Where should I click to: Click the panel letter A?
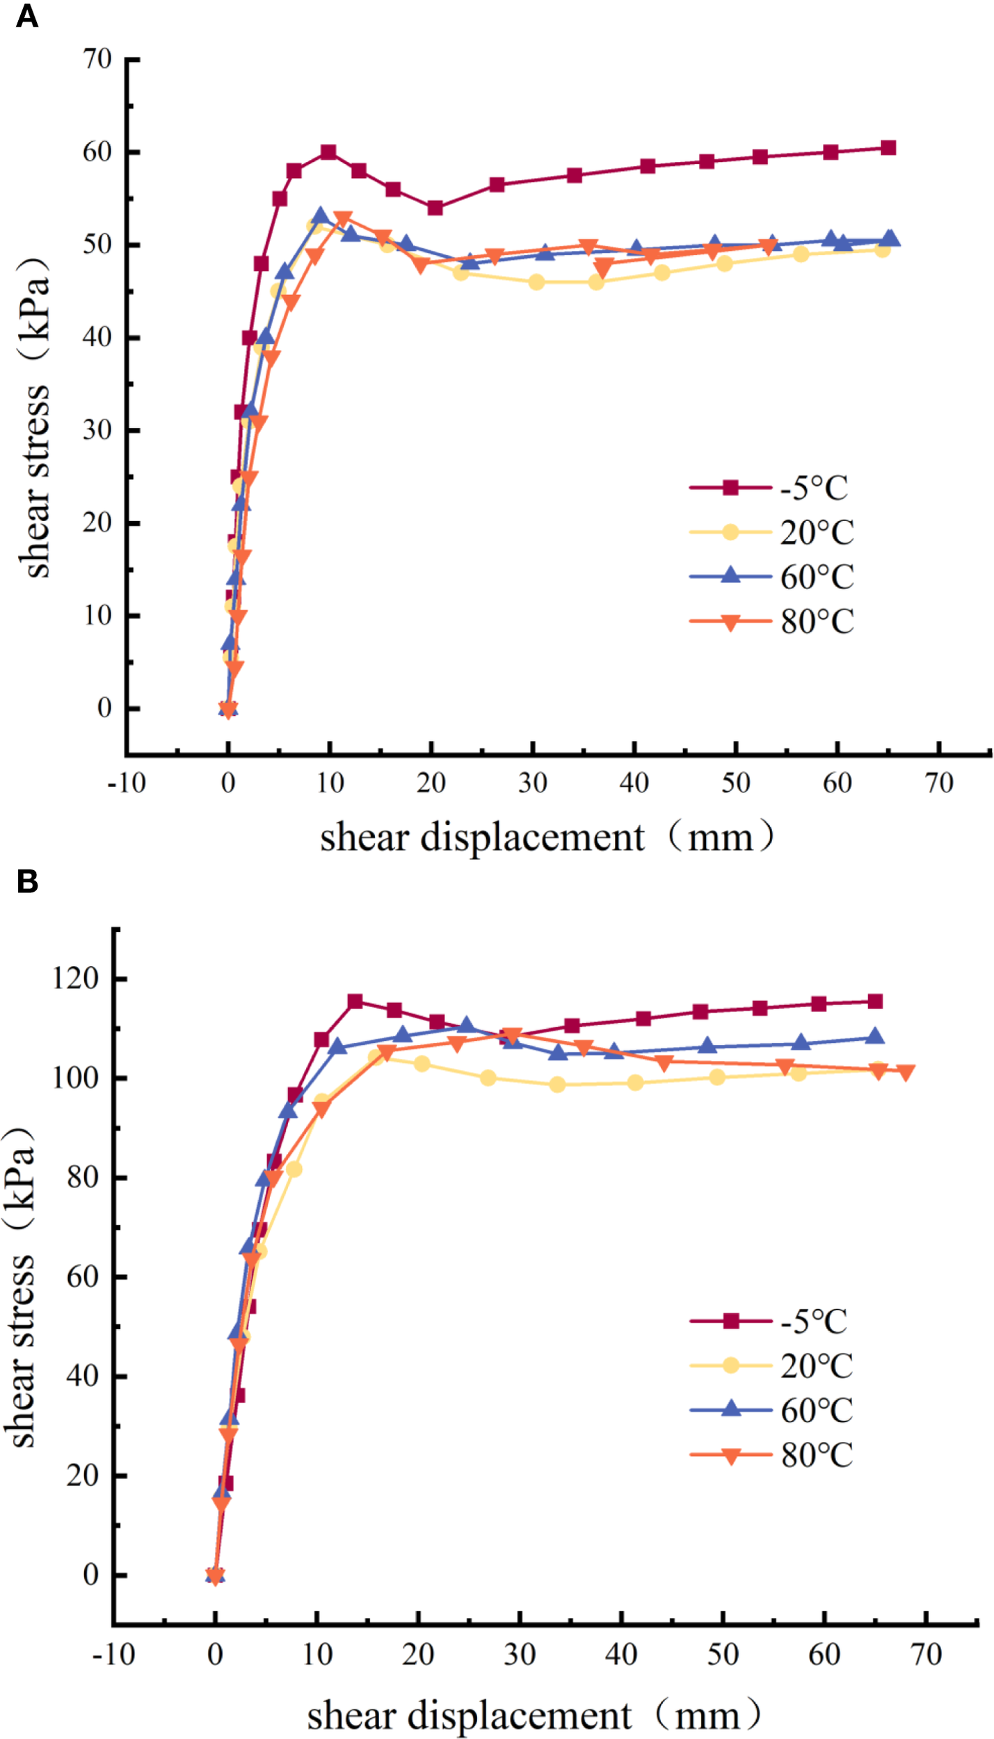[26, 15]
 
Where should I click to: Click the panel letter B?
[26, 881]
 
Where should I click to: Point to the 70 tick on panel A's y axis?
[97, 59]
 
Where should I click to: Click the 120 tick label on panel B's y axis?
[76, 979]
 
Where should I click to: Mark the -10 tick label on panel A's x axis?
[127, 783]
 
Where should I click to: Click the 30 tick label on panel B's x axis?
[520, 1654]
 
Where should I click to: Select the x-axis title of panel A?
[546, 837]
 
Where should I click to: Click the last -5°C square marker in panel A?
[888, 147]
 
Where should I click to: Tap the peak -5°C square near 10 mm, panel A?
[328, 152]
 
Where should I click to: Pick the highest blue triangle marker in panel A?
[320, 216]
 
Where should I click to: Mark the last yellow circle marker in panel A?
[882, 250]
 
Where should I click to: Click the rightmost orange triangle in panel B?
[905, 1073]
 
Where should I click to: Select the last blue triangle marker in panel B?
[875, 1036]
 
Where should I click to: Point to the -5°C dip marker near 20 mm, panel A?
[435, 208]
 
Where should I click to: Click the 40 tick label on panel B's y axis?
[82, 1376]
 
